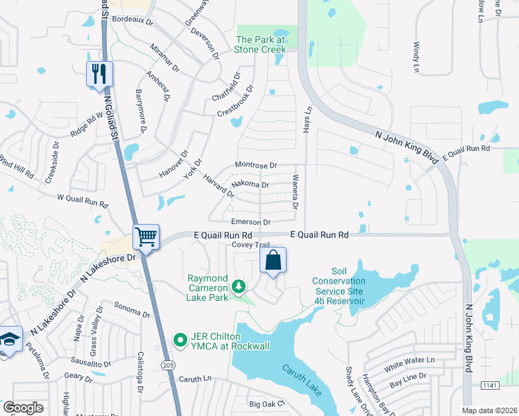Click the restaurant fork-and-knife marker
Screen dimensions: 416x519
click(99, 73)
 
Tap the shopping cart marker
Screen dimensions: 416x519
click(146, 237)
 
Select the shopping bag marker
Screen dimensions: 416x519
click(273, 261)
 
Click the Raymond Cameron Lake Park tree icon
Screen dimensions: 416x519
click(239, 286)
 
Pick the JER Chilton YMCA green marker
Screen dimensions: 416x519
click(180, 340)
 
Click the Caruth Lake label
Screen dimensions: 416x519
click(302, 381)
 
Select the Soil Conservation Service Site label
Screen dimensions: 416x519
click(338, 286)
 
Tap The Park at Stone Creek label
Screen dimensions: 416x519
click(261, 44)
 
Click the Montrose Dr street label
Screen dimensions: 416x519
click(256, 166)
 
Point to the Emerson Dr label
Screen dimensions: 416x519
click(250, 222)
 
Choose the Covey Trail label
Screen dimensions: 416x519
click(250, 245)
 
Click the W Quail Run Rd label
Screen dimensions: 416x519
click(83, 201)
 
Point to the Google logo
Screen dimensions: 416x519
click(23, 408)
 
